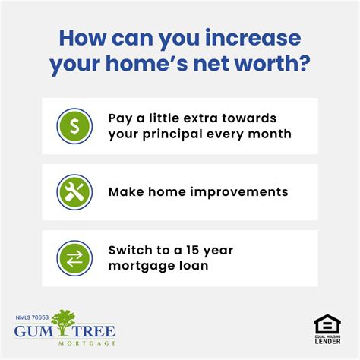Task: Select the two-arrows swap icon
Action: pyautogui.click(x=74, y=258)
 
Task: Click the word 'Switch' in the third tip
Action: pyautogui.click(x=131, y=251)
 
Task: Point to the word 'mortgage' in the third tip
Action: pyautogui.click(x=141, y=266)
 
